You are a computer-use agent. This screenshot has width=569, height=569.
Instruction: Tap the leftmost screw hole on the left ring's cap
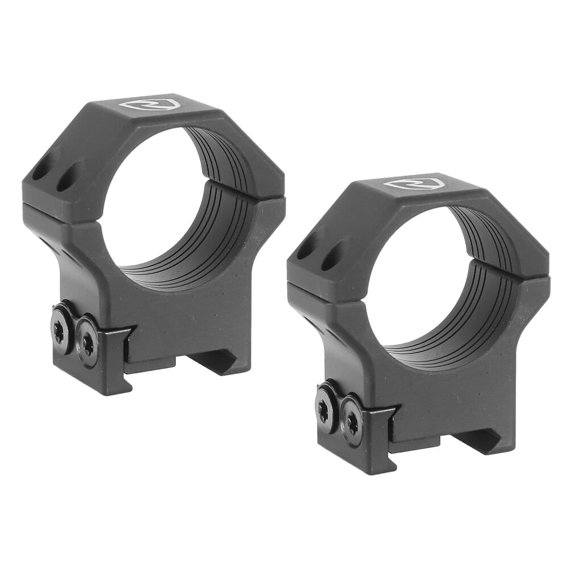point(41,170)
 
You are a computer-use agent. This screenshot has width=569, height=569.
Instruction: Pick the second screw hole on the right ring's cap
point(332,257)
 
